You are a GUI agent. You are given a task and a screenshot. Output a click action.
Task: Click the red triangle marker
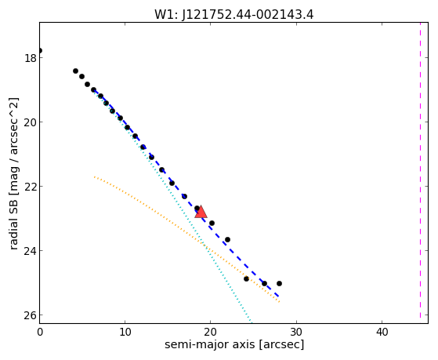tap(201, 212)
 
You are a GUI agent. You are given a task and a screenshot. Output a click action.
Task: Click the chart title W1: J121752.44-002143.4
tap(233, 15)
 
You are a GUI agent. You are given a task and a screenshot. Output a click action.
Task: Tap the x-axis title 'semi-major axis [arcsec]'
tap(234, 344)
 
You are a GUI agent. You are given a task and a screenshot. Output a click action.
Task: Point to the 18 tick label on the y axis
tap(31, 58)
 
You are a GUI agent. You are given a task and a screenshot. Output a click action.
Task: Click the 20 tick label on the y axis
tap(31, 122)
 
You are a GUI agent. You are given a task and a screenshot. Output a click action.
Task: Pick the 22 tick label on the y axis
tap(31, 187)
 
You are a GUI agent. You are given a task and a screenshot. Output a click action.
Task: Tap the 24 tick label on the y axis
tap(31, 251)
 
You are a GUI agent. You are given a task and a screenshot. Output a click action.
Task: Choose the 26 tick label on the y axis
tap(31, 315)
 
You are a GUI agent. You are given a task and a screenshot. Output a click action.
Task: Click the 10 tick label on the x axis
tap(125, 332)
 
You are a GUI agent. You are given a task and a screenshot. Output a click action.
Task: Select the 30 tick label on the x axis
tap(296, 332)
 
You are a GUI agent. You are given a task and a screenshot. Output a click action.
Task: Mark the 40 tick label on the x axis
tap(382, 332)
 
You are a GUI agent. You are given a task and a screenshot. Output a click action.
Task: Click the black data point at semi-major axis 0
tap(40, 51)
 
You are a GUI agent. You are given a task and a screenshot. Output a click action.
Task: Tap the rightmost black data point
tap(279, 283)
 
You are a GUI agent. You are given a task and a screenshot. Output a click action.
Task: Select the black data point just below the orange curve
tap(246, 278)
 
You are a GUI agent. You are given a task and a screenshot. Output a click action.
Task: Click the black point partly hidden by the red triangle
tap(197, 208)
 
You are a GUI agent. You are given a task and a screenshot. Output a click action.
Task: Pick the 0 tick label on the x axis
tap(40, 332)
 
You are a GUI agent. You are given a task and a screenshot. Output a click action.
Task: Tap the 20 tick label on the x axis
tap(210, 332)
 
